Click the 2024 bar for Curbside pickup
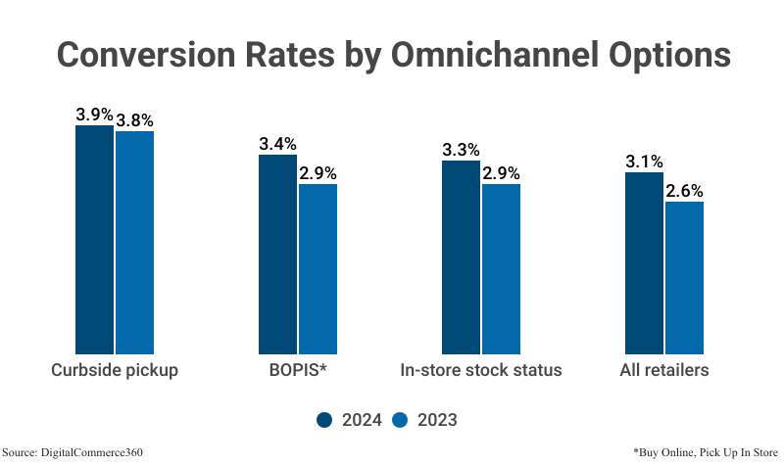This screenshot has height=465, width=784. [95, 239]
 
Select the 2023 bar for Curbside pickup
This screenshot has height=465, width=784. [135, 242]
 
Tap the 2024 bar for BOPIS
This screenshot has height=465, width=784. [278, 254]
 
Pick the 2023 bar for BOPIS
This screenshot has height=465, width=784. [318, 268]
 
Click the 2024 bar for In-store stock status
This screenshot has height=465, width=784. [462, 256]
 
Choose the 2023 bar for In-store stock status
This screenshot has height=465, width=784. [501, 268]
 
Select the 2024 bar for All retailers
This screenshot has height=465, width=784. [645, 262]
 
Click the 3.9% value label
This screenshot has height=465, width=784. [95, 115]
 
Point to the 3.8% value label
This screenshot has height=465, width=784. [135, 120]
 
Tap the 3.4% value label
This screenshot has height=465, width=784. [278, 144]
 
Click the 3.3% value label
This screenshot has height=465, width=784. [462, 150]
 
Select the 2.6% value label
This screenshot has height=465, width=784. [684, 191]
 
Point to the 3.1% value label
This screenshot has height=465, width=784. [645, 162]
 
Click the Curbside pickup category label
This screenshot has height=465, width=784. [115, 371]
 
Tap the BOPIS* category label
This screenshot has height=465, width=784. [297, 371]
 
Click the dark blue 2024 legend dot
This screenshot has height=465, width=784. [325, 420]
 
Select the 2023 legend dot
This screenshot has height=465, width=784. [400, 420]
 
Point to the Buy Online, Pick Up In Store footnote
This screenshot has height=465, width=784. [704, 452]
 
